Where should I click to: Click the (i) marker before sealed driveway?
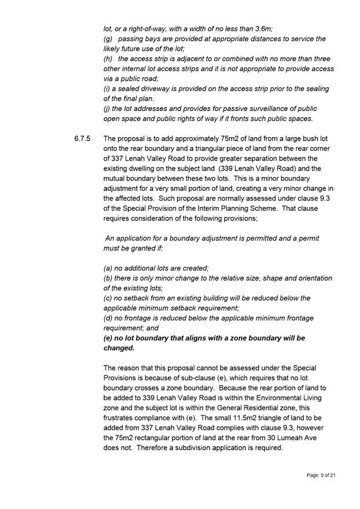click(106, 88)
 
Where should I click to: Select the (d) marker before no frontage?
click(108, 318)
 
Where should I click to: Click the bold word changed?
click(119, 348)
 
